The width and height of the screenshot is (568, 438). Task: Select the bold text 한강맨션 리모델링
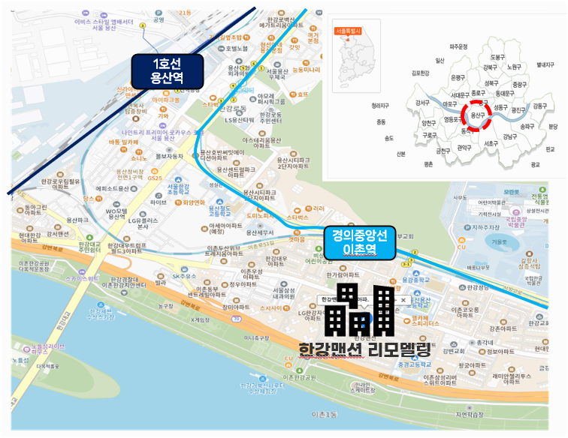(x=364, y=349)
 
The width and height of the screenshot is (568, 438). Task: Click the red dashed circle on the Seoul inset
(x=476, y=115)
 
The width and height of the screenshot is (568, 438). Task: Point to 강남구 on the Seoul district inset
(x=510, y=137)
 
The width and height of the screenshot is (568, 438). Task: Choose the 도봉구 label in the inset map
(x=497, y=57)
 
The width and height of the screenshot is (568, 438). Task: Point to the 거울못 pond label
(x=497, y=242)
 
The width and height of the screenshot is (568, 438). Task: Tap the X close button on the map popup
(x=403, y=299)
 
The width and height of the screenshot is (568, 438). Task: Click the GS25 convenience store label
(x=155, y=178)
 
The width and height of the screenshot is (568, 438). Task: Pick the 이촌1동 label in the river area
(x=326, y=415)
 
